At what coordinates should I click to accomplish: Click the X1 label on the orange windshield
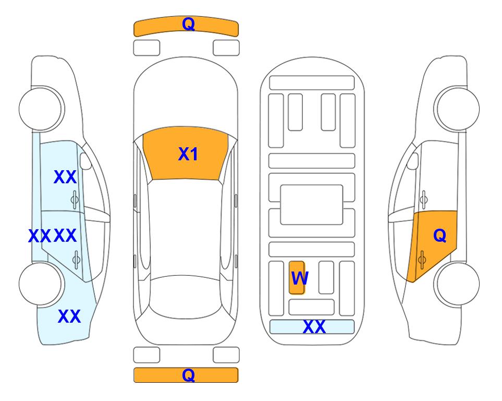click(x=188, y=154)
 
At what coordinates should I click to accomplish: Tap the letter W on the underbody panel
click(x=300, y=278)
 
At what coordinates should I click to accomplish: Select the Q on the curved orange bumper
click(x=189, y=23)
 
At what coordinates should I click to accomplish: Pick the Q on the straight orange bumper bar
click(x=189, y=375)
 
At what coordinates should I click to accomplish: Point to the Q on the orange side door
click(x=439, y=235)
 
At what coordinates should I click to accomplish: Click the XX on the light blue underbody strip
click(x=314, y=327)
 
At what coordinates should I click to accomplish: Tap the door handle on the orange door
click(x=422, y=260)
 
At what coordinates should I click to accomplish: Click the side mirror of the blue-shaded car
click(x=85, y=161)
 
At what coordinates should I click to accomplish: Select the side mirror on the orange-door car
click(x=412, y=161)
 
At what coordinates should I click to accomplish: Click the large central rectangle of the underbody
click(x=312, y=205)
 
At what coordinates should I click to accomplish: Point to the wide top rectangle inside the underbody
click(x=312, y=83)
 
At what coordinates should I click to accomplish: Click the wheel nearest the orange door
click(x=457, y=284)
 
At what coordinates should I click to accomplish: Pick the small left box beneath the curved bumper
click(x=146, y=48)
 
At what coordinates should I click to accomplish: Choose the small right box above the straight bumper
click(x=226, y=355)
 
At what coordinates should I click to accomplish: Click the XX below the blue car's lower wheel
click(x=69, y=316)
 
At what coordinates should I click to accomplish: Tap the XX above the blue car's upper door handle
click(x=65, y=177)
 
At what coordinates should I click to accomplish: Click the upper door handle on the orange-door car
click(x=424, y=199)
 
